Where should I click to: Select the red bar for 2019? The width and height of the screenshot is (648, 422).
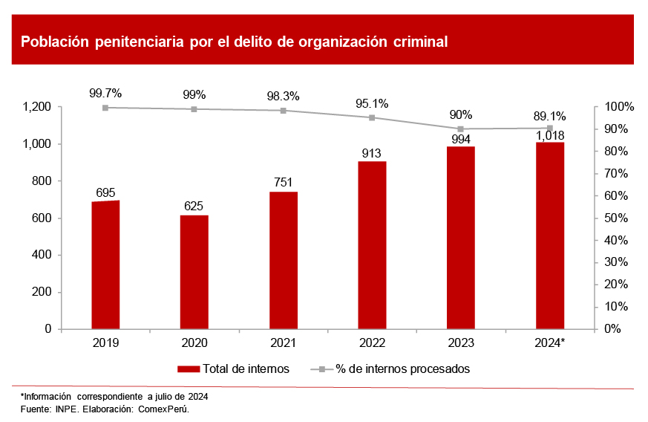(x=105, y=264)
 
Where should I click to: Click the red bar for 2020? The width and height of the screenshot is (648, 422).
(x=194, y=272)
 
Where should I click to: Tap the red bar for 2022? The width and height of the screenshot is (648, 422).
(x=372, y=245)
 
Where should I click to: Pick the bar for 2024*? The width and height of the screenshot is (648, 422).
(x=550, y=236)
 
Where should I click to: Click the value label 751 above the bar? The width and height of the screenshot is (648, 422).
(x=283, y=183)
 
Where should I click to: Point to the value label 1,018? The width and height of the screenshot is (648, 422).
(x=550, y=135)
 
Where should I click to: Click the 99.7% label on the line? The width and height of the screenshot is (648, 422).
(x=105, y=94)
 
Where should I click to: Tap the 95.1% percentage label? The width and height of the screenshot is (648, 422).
(x=372, y=104)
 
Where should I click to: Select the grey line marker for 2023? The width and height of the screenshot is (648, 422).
(x=461, y=129)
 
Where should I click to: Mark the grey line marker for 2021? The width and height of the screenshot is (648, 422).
(x=283, y=111)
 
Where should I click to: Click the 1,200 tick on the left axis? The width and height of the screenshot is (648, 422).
(x=37, y=107)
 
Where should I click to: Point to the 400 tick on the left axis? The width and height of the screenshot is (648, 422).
(x=42, y=255)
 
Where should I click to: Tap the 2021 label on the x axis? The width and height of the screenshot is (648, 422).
(x=283, y=343)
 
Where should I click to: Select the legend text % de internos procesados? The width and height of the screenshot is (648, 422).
(x=402, y=369)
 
